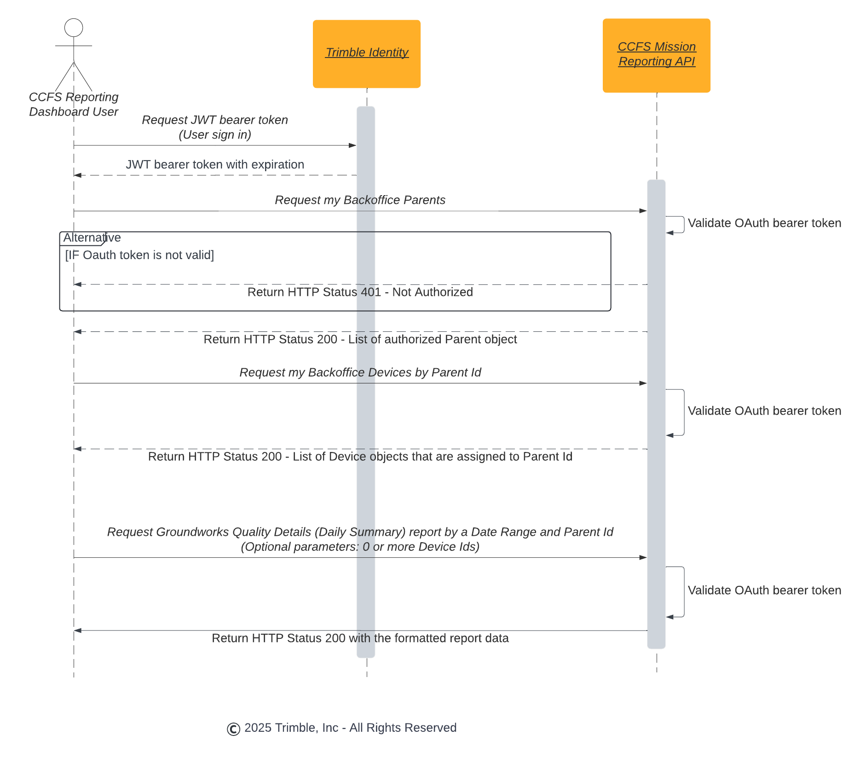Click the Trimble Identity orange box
(x=366, y=54)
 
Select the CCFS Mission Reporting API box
(x=656, y=55)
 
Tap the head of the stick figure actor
(x=74, y=28)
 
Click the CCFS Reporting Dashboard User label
(x=74, y=104)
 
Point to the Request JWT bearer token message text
(x=215, y=120)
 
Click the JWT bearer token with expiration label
(x=215, y=165)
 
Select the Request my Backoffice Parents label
(x=360, y=200)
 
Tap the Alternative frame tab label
(x=92, y=238)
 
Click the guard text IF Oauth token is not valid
(x=139, y=255)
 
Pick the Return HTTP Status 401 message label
(x=360, y=292)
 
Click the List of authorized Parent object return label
(x=360, y=340)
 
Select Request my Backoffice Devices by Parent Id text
(x=360, y=373)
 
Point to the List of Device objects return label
(x=360, y=457)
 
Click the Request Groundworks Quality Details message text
(x=360, y=532)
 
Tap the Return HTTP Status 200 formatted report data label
(x=360, y=638)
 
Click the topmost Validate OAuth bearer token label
(x=764, y=223)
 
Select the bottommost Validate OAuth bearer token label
(x=764, y=590)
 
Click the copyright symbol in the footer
(x=234, y=729)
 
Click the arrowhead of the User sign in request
(x=352, y=145)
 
